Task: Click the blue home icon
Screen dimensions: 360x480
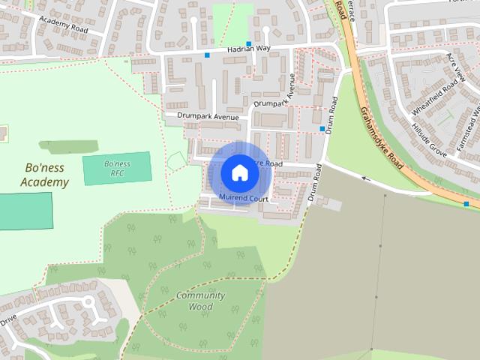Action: pos(238,172)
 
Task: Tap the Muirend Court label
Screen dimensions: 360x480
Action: pos(244,198)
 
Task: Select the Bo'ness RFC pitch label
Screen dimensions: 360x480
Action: pos(116,169)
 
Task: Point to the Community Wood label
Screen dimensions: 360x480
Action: pos(200,301)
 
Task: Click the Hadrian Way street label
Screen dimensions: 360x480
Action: pos(247,48)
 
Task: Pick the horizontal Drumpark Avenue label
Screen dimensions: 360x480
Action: pos(208,117)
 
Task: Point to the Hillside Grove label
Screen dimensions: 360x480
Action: pos(429,140)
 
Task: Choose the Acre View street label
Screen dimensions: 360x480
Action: pos(456,68)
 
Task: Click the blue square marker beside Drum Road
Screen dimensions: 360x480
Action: pos(322,129)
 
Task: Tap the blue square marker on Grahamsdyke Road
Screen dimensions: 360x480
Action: pos(466,204)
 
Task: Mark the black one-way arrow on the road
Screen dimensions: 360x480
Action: pos(367,178)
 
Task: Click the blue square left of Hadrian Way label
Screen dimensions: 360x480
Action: pos(207,55)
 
